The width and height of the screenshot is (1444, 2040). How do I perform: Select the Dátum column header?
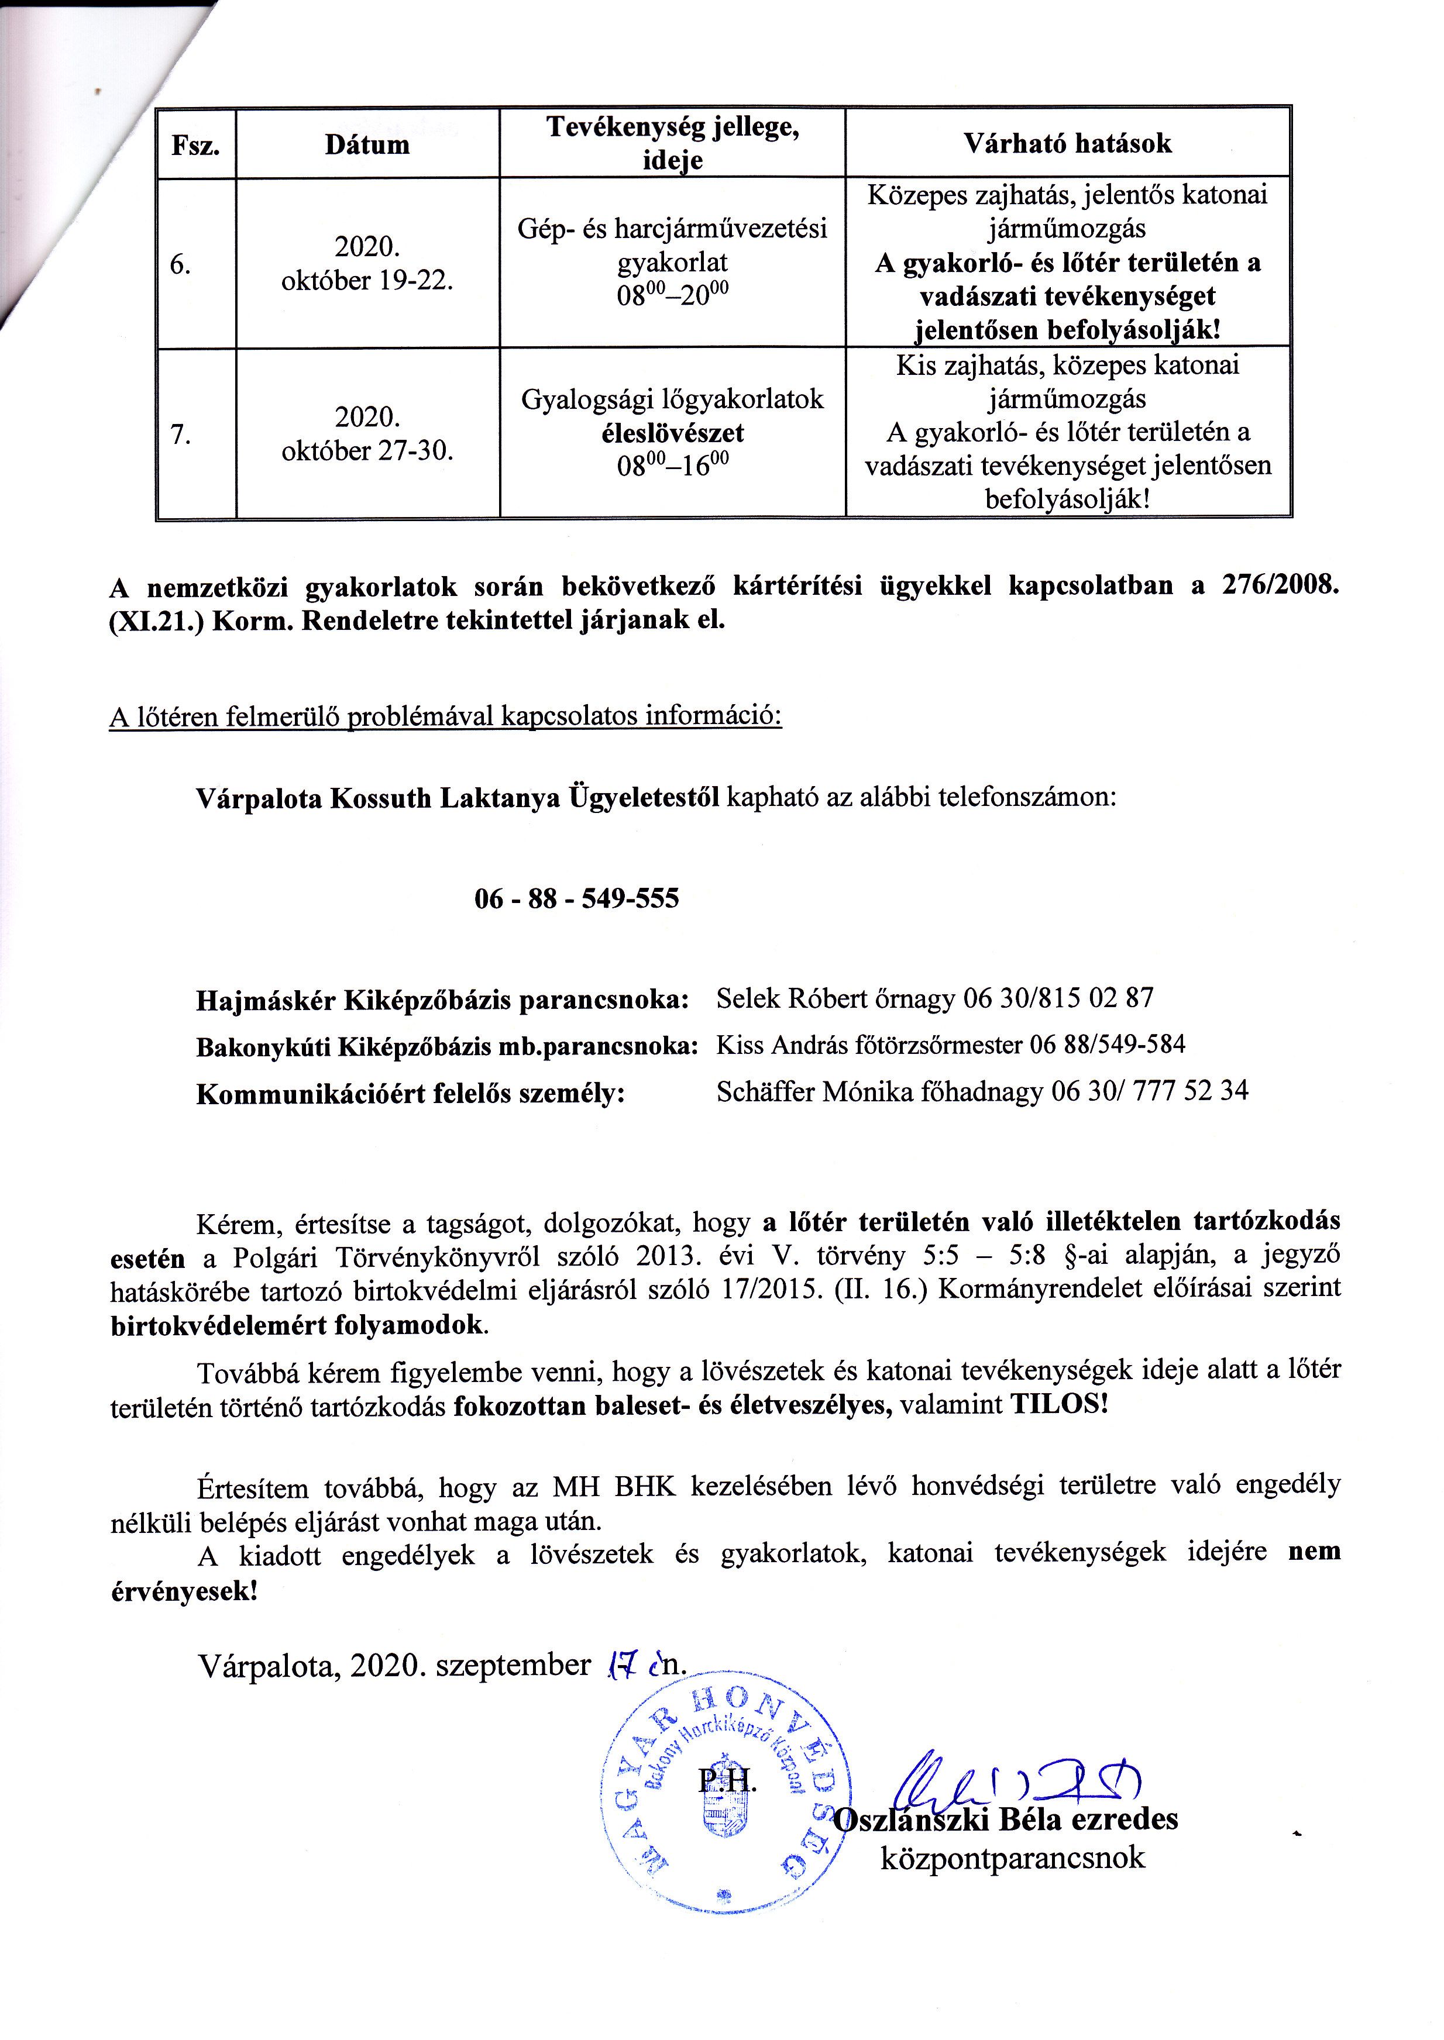(367, 144)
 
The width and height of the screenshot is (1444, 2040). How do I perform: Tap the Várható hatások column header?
(1067, 143)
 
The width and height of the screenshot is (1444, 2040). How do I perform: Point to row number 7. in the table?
(180, 435)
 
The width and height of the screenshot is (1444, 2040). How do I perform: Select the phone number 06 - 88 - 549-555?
(576, 899)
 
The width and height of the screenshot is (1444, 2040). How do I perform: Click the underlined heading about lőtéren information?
(445, 716)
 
